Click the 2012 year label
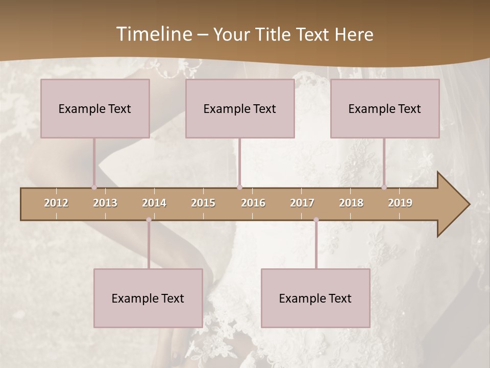point(56,203)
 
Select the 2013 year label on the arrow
point(105,203)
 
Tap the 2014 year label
point(154,203)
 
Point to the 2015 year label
point(203,203)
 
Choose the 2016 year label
point(253,203)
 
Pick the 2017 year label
point(302,203)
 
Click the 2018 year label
point(351,203)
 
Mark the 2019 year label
point(400,203)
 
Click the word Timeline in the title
point(154,34)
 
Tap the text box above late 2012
point(95,108)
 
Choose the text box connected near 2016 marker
point(240,108)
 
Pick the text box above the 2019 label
point(385,108)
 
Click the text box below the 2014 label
point(148,298)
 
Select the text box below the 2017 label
point(315,298)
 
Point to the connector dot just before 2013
point(94,187)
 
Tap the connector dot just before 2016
point(239,187)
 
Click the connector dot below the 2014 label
point(149,220)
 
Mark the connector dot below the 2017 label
point(316,220)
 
